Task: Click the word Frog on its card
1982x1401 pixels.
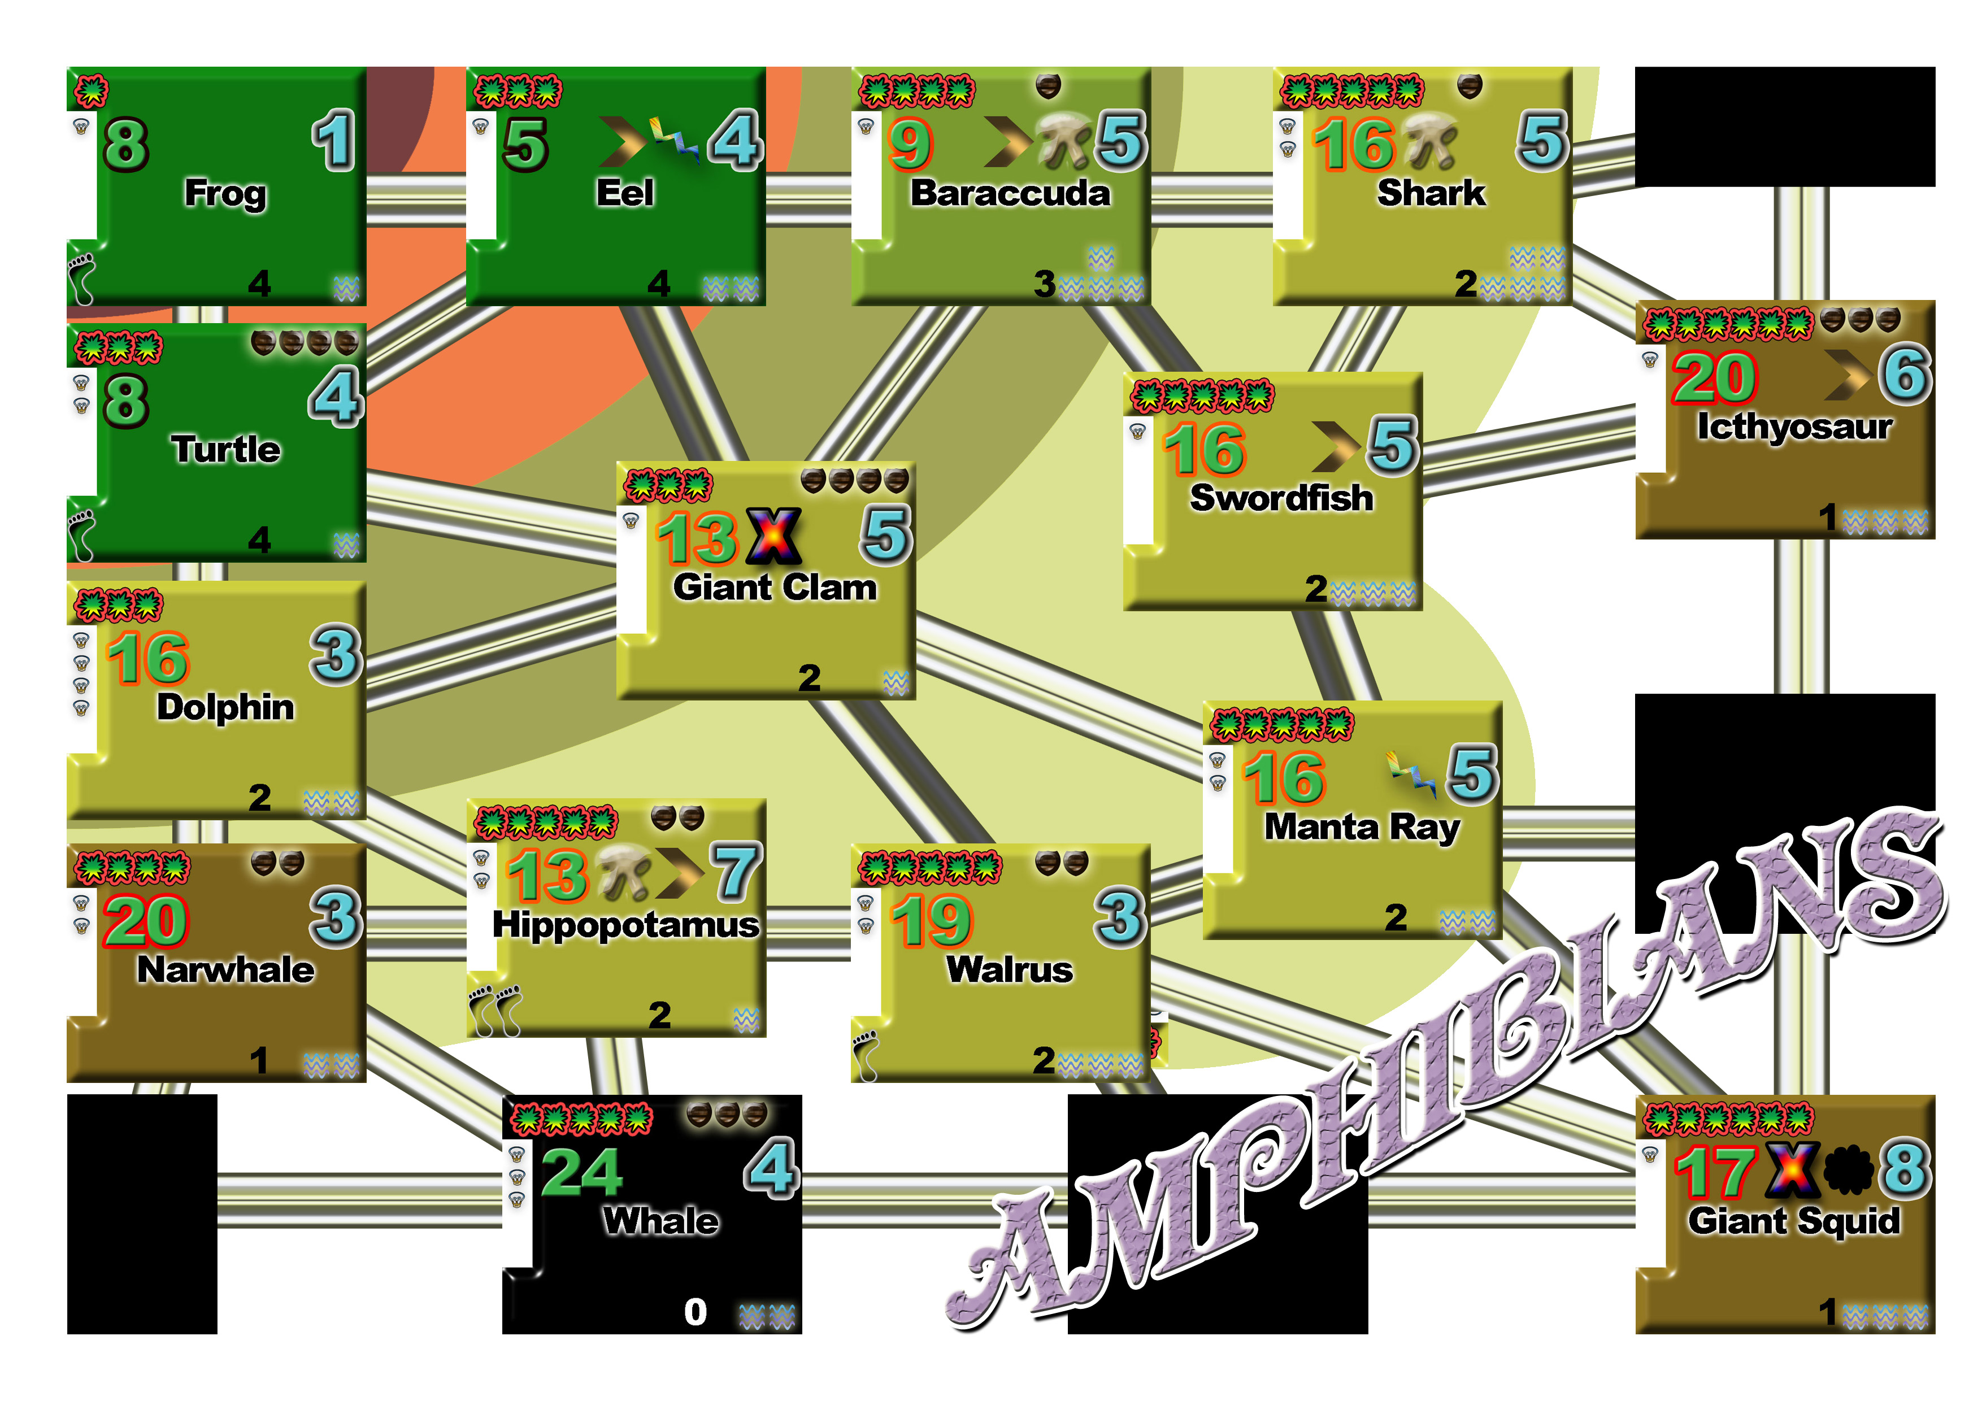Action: tap(225, 193)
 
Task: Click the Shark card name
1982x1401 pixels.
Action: tap(1431, 193)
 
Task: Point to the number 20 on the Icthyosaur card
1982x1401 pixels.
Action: tap(1714, 378)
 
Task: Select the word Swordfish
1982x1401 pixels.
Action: tap(1281, 498)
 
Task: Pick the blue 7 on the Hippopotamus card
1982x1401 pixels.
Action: tap(736, 872)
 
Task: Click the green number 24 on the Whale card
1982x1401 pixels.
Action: tap(581, 1172)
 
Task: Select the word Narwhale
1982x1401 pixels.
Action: tap(225, 969)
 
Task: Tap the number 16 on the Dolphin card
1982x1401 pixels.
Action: tap(147, 658)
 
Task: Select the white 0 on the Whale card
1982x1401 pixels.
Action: tap(695, 1311)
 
